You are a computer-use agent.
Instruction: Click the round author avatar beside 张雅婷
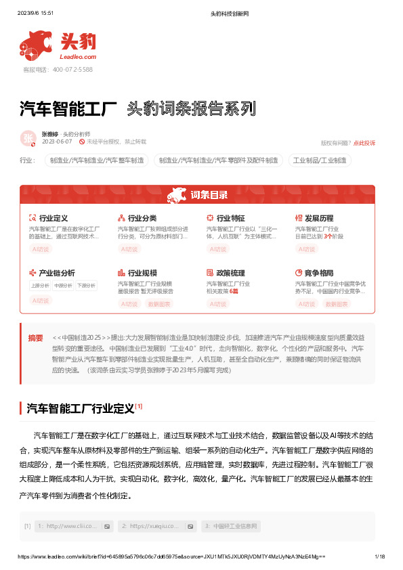click(29, 138)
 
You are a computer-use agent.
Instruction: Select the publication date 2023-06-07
click(57, 142)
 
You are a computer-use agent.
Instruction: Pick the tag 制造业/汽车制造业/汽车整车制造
click(97, 161)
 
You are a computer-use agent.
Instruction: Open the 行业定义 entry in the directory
click(54, 219)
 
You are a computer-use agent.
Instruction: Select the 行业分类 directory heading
click(142, 219)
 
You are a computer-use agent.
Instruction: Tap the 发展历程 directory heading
click(319, 219)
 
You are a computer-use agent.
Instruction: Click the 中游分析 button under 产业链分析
click(64, 286)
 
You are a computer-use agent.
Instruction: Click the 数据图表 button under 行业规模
click(160, 304)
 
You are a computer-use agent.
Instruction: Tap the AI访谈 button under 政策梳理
click(218, 304)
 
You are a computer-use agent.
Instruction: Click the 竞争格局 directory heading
click(319, 273)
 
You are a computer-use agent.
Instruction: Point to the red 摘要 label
click(35, 338)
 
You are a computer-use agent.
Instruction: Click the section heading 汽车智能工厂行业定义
click(80, 408)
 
